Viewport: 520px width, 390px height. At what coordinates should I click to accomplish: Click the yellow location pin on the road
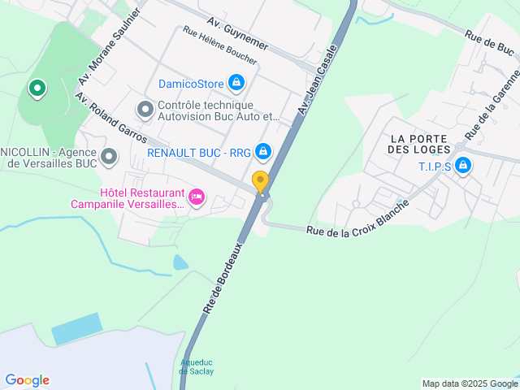260,181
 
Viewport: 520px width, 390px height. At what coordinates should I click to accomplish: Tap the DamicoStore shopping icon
236,82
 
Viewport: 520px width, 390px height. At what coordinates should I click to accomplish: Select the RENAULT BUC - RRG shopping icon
263,151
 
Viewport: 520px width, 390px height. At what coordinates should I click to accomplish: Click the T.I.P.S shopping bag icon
463,167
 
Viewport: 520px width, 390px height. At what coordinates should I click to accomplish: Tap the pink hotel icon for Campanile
196,196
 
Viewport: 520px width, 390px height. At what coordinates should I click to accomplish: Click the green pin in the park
37,88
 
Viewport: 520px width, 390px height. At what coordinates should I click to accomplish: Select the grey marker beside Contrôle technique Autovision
145,108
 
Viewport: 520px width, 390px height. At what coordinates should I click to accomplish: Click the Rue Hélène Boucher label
220,46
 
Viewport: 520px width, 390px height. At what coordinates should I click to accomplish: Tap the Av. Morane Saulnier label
110,47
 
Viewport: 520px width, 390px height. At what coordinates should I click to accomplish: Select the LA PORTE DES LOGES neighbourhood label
418,143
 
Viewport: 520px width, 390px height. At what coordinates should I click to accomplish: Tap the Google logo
27,380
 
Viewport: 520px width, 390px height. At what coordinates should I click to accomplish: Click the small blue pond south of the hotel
180,262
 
